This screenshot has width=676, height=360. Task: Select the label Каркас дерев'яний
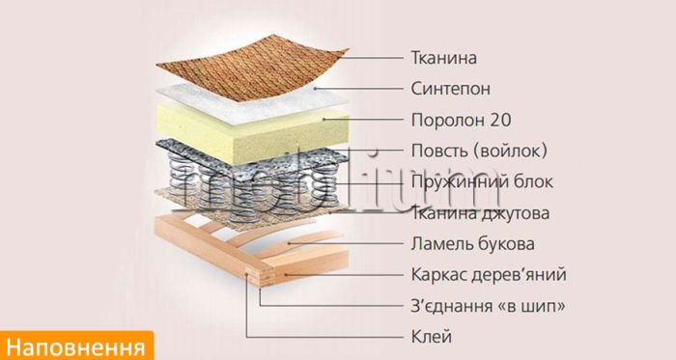click(489, 275)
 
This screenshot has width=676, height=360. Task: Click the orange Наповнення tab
click(77, 345)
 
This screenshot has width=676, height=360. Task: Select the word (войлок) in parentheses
click(515, 151)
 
